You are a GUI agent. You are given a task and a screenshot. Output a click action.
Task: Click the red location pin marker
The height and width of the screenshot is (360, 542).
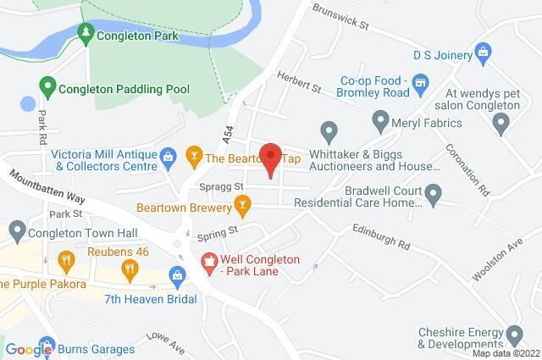pos(270,158)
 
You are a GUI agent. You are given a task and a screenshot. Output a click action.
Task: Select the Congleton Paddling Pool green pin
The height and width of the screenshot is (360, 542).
pos(47,86)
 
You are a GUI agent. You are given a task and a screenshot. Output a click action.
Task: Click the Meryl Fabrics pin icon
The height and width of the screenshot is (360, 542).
pos(380,122)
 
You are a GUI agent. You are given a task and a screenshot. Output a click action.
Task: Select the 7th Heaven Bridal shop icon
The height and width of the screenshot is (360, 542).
pos(177,275)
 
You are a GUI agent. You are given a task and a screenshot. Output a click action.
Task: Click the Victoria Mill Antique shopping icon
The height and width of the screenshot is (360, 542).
pos(168,157)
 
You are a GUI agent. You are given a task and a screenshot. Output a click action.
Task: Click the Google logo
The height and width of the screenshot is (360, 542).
pos(29,349)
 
